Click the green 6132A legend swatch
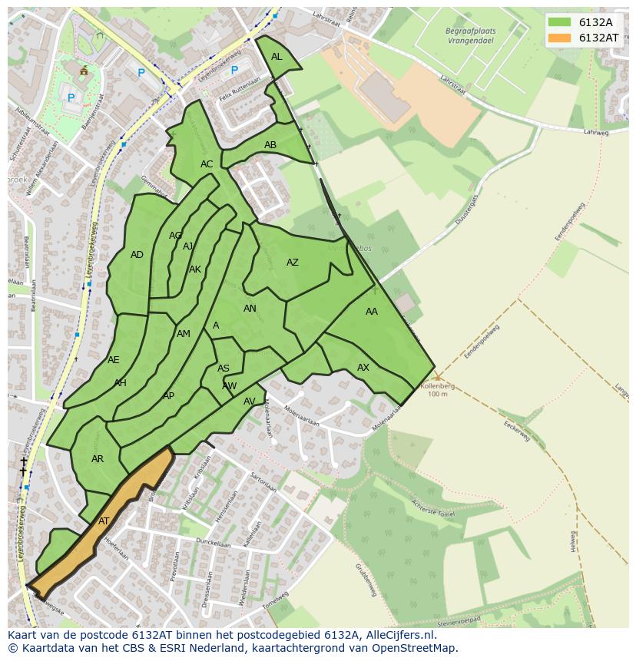click(559, 21)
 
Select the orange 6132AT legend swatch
click(559, 38)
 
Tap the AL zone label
click(277, 57)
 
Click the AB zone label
click(270, 145)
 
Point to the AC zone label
click(207, 164)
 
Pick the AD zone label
click(137, 255)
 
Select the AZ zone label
click(293, 263)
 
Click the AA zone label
click(372, 312)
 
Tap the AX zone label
click(363, 368)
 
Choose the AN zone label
click(250, 309)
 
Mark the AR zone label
click(98, 459)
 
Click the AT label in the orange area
click(104, 521)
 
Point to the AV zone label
click(250, 402)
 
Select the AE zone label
click(114, 360)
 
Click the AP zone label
click(169, 396)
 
